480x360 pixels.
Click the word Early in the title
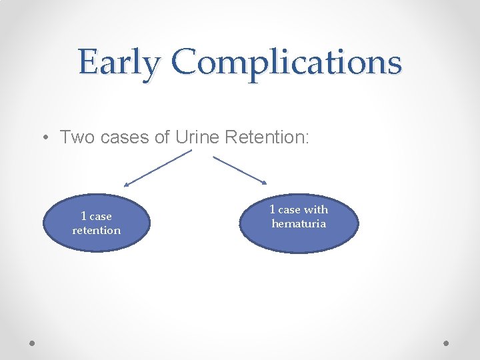[x=119, y=63]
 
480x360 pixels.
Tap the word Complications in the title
[x=287, y=63]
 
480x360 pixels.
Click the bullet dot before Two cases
[x=43, y=138]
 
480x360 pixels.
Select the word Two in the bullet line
[x=74, y=137]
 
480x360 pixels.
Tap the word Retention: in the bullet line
[x=267, y=137]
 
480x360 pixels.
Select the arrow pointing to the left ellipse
[x=157, y=168]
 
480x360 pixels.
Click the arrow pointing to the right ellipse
[x=239, y=169]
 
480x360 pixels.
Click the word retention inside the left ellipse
[x=97, y=231]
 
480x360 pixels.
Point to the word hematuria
[x=299, y=224]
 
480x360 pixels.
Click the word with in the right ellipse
[x=316, y=209]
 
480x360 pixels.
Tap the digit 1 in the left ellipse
[x=83, y=216]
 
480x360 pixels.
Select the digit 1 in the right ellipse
[x=273, y=209]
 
